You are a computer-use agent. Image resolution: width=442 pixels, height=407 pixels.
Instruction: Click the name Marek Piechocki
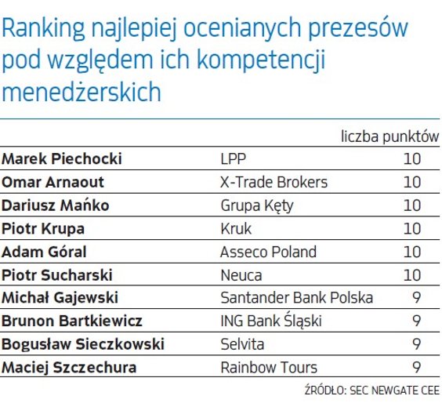61,159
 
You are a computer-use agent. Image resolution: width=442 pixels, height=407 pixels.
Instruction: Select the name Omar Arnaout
53,183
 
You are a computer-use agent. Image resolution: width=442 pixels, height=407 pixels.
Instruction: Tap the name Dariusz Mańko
55,205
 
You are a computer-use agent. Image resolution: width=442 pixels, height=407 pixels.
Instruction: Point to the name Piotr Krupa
43,229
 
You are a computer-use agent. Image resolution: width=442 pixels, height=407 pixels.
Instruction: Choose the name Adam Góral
44,252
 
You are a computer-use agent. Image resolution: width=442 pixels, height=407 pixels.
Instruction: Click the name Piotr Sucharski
57,275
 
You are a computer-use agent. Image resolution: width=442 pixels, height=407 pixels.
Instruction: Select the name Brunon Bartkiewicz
71,321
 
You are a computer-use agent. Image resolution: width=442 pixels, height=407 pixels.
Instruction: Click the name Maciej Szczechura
69,367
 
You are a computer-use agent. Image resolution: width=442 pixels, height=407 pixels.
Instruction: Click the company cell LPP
233,159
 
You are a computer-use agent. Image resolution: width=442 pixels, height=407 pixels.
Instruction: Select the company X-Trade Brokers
274,183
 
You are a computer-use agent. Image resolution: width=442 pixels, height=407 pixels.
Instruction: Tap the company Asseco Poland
269,252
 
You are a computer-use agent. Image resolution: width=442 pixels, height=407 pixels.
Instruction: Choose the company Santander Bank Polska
296,298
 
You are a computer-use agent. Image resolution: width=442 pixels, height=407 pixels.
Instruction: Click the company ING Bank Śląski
271,321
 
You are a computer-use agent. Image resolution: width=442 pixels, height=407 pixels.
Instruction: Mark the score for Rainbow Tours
416,367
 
